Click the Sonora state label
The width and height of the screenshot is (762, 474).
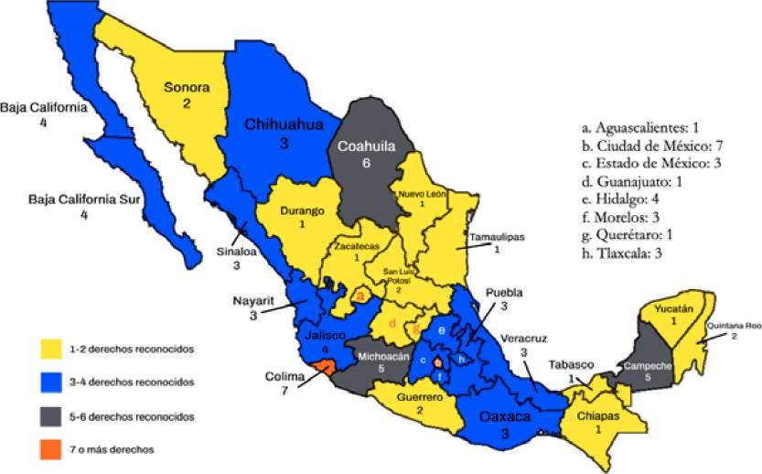coord(187,89)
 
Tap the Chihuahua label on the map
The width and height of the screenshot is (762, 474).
coord(284,126)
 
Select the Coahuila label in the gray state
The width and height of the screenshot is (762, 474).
coord(367,145)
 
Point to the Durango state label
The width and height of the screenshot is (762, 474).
coord(303,211)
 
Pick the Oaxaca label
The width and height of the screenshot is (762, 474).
coord(505,416)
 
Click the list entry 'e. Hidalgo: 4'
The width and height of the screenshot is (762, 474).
coord(628,202)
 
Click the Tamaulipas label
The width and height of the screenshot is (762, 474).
coord(497,237)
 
